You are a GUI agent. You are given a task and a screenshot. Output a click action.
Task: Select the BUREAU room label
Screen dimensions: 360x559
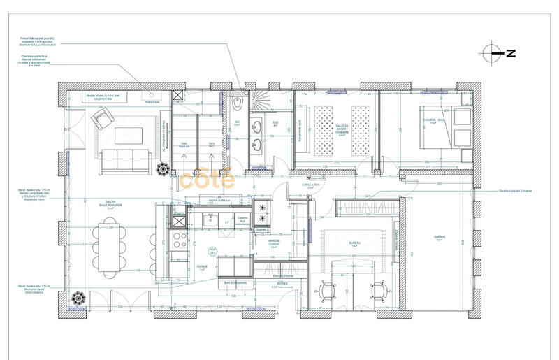(354, 245)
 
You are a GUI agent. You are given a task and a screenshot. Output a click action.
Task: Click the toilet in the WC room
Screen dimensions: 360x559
(238, 106)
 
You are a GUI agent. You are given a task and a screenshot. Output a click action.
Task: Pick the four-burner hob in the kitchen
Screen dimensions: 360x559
(180, 242)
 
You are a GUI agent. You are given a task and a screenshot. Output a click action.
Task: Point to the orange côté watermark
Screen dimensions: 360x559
(207, 180)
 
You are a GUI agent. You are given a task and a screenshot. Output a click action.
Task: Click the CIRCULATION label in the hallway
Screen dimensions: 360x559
(310, 186)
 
